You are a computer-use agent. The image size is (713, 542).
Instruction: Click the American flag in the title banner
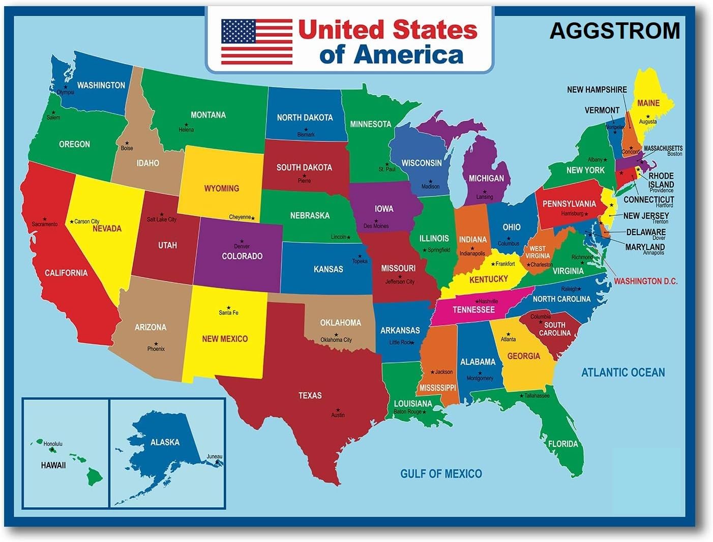257,42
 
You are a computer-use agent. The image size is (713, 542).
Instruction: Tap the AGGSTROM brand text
614,31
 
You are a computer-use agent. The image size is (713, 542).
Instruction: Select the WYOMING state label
221,188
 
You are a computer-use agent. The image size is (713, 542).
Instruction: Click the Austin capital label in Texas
338,415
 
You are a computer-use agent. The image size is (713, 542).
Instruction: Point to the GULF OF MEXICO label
441,474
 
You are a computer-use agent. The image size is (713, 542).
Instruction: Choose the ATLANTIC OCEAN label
623,373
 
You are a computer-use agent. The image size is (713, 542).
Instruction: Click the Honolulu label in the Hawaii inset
53,444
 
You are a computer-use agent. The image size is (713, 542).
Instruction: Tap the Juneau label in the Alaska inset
215,457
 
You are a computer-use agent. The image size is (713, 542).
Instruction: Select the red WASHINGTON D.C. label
645,281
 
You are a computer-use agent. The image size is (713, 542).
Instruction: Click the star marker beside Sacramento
45,219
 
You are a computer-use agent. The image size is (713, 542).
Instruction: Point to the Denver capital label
242,246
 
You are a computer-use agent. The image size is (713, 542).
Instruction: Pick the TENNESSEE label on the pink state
473,309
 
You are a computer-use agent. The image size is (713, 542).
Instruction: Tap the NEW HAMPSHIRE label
597,90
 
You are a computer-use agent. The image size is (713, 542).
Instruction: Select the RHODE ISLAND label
661,180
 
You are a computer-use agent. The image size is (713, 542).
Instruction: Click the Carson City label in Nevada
86,221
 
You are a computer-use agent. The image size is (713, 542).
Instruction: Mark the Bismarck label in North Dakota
306,134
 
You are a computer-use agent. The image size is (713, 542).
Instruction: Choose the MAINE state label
648,103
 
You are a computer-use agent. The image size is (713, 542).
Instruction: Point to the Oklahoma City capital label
336,340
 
